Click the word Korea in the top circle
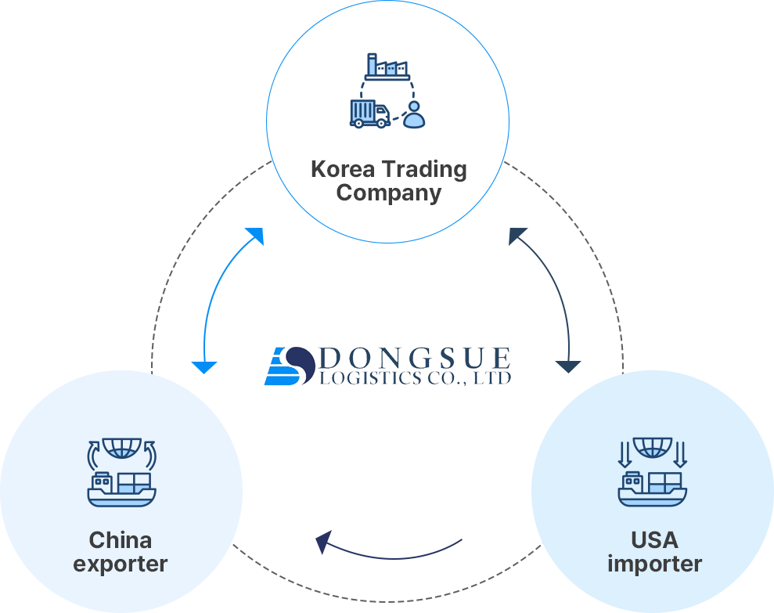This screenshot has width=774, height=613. [343, 169]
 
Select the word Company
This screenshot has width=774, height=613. [389, 193]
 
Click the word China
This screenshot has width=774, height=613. [120, 540]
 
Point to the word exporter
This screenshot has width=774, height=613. [120, 564]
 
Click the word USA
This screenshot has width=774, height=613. [654, 540]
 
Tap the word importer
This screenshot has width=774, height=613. [654, 564]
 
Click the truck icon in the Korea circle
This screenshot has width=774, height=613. [370, 114]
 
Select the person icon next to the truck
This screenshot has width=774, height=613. [414, 115]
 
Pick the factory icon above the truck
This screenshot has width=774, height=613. [387, 67]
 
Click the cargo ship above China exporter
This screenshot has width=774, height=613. [121, 489]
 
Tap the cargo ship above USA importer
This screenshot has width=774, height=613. [653, 489]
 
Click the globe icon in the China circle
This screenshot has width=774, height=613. [122, 449]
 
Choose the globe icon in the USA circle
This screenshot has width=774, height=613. [653, 448]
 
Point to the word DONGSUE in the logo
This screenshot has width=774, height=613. [416, 358]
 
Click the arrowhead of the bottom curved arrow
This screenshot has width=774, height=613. [323, 542]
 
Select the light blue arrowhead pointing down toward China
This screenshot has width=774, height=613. [203, 367]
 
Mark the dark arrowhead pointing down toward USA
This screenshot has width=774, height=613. [568, 366]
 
